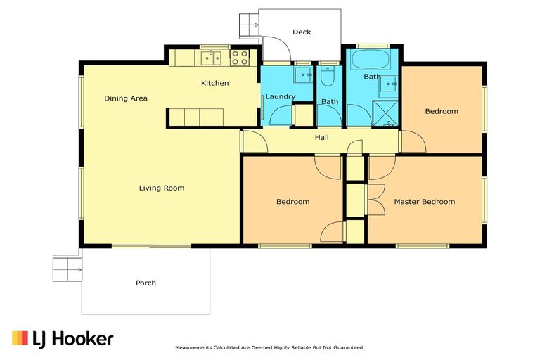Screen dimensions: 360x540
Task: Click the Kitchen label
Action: coord(214,83)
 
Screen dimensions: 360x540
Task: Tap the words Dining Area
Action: coord(126,98)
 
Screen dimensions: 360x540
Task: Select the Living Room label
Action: coord(161,188)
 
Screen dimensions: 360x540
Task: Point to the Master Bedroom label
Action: coord(424,202)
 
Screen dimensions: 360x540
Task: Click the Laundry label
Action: coord(280,96)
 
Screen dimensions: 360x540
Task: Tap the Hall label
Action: coord(322,138)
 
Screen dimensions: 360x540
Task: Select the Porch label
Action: coord(146,283)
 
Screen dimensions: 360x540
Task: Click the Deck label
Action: coord(302,32)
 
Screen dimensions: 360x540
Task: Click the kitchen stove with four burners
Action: coord(240,57)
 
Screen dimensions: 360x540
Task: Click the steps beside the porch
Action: coord(67,267)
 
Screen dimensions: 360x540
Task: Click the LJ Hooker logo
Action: coord(63,338)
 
